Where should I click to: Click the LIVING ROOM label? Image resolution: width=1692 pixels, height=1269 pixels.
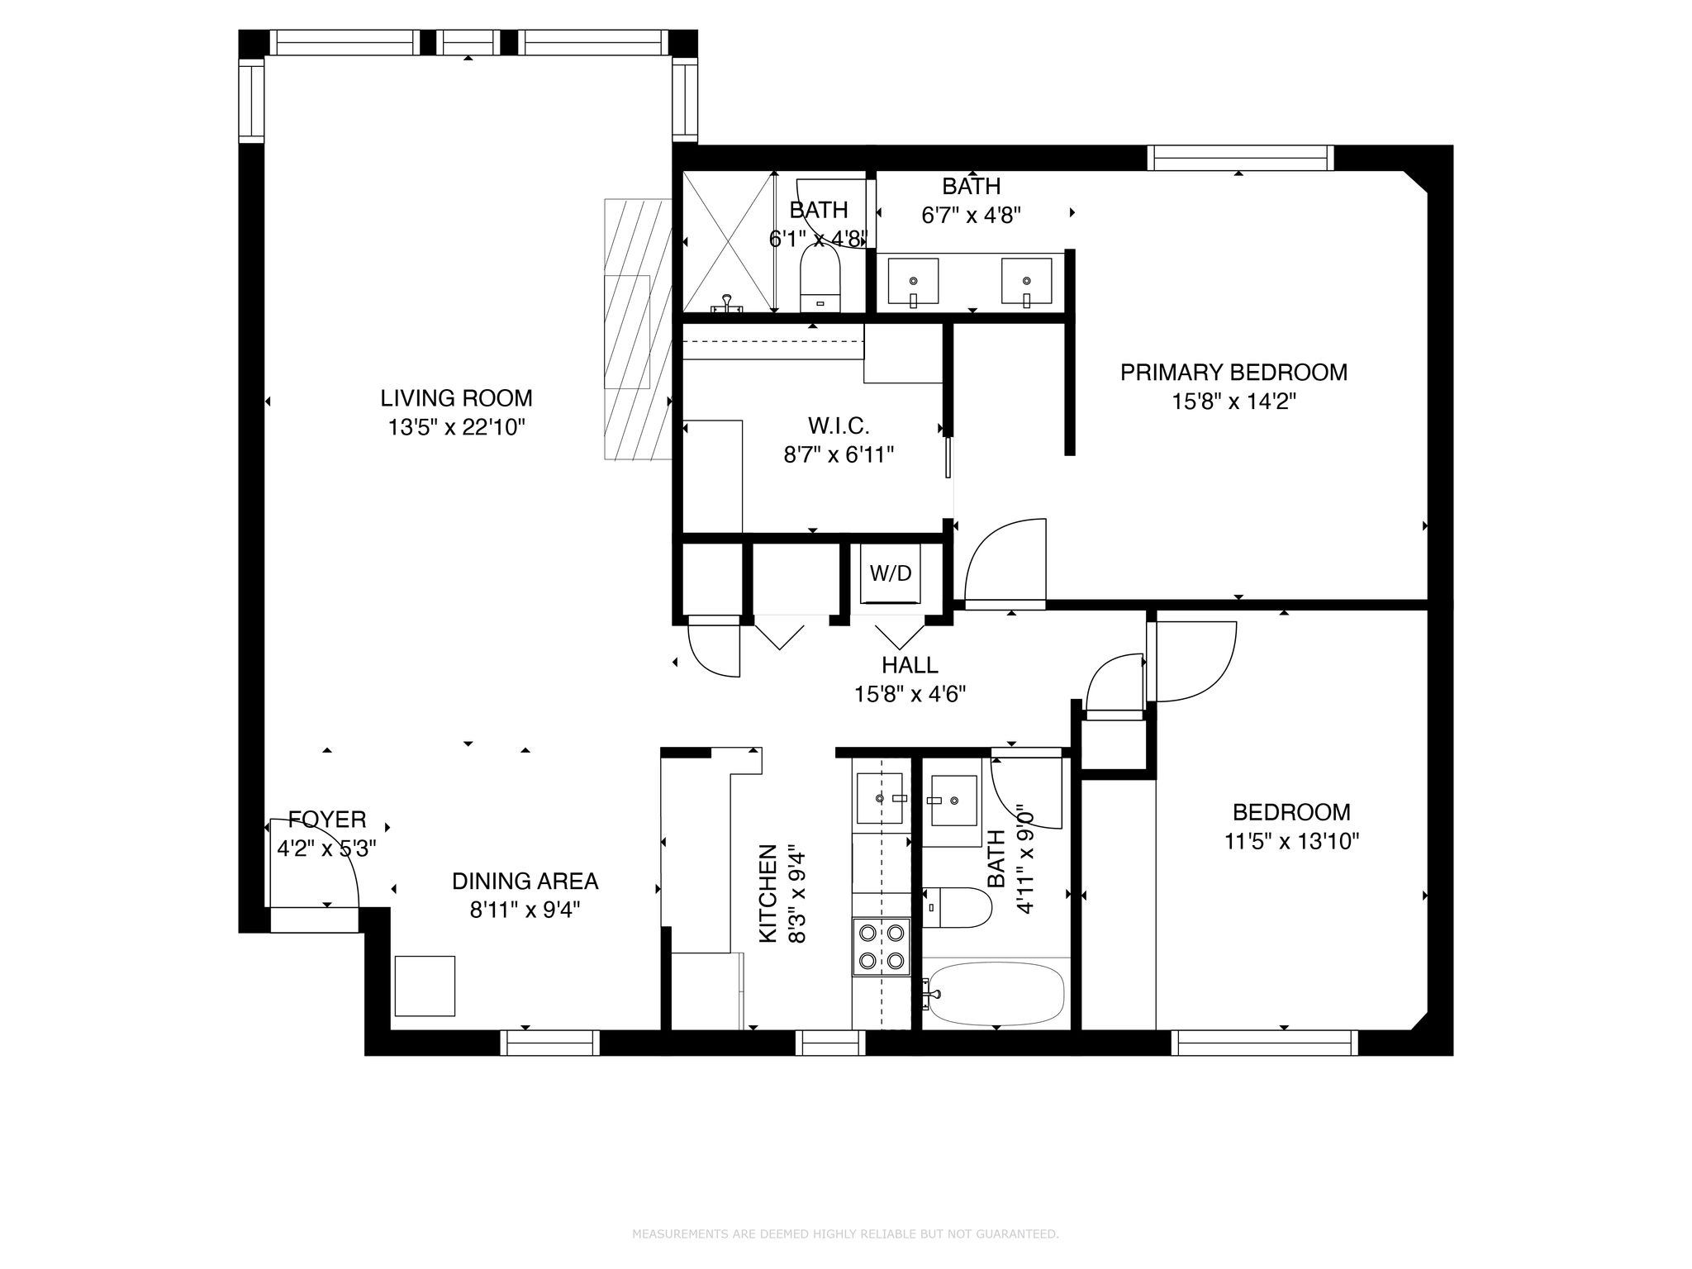coord(456,398)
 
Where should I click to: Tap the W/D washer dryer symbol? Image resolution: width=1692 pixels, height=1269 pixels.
coord(891,573)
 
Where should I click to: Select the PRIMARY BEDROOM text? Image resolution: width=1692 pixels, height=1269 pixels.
coord(1233,373)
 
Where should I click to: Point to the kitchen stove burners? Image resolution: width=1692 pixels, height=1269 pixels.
coord(881,947)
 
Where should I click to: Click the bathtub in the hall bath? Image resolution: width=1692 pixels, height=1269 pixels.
coord(996,994)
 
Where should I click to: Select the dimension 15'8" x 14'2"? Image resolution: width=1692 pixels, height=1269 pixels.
coord(1233,402)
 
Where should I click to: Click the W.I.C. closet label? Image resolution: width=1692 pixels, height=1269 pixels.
coord(839,426)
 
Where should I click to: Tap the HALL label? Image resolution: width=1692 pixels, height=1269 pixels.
coord(910,665)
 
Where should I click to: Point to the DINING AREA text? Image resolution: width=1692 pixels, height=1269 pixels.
coord(525,882)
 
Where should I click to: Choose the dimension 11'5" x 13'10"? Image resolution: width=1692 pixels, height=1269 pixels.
coord(1291,842)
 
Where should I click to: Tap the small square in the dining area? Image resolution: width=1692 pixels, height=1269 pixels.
coord(425,986)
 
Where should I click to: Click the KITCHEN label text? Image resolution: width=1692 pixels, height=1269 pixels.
coord(768,893)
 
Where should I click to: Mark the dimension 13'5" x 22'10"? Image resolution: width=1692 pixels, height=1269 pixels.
coord(456,427)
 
